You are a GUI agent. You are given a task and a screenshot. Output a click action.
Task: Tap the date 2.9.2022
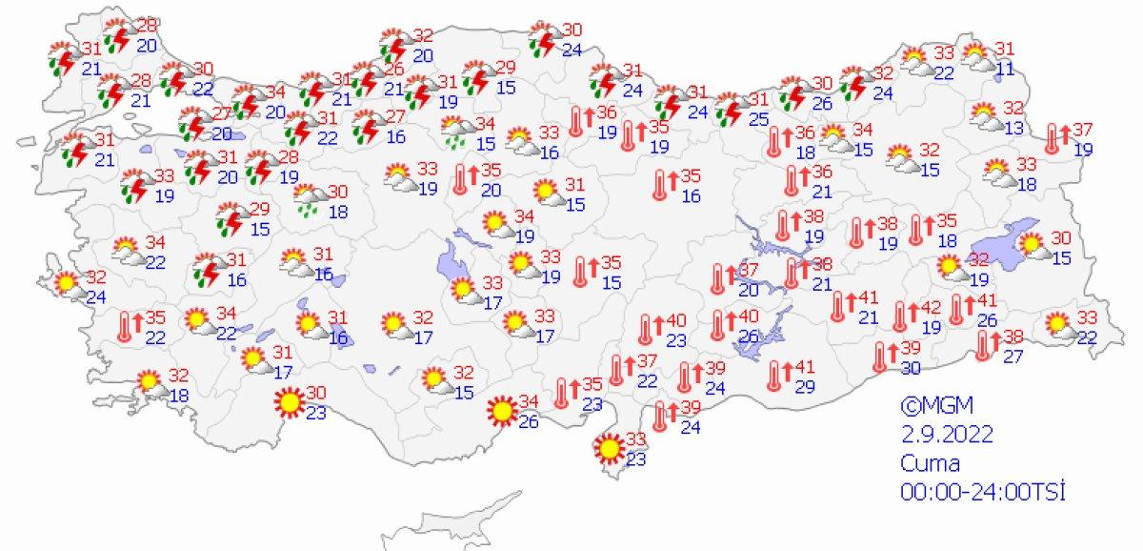click(x=948, y=434)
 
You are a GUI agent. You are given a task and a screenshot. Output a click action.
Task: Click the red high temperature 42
click(x=930, y=308)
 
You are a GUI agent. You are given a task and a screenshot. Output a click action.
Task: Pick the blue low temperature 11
click(x=1006, y=67)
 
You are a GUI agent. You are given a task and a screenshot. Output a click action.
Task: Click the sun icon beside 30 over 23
click(x=289, y=404)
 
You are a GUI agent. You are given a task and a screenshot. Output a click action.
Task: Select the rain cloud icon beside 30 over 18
click(x=310, y=198)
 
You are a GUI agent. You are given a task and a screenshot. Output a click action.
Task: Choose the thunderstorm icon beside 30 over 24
click(x=543, y=38)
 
